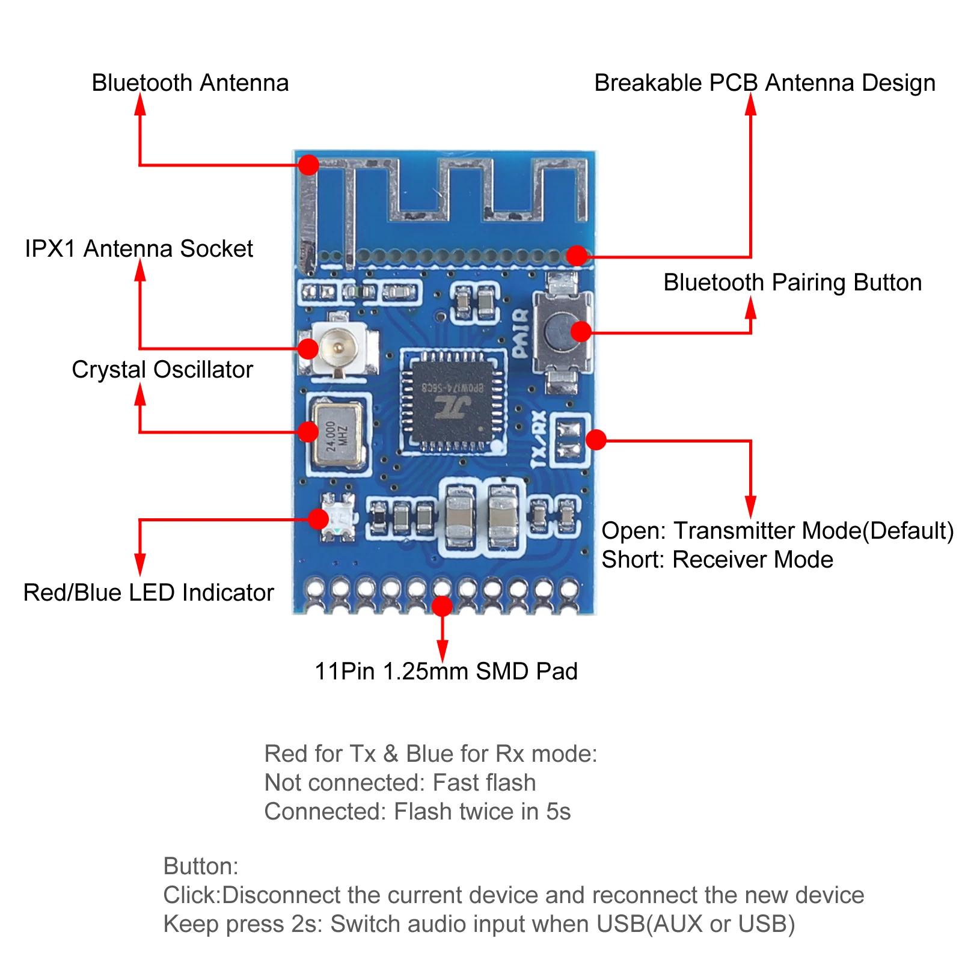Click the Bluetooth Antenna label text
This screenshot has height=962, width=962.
pos(190,83)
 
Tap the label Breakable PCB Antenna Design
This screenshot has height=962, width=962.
pos(764,83)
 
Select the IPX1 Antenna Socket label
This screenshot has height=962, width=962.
pos(139,249)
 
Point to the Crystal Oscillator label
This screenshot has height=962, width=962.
pos(162,370)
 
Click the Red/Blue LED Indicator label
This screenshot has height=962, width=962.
pos(149,593)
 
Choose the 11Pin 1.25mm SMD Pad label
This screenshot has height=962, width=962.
pos(446,672)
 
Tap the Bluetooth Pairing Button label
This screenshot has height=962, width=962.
pos(792,283)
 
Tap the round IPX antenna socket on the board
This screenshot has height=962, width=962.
pos(339,347)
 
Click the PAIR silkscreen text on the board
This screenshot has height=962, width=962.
pos(521,334)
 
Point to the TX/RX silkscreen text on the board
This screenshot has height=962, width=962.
pos(539,439)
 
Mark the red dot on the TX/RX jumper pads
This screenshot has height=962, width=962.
pos(596,440)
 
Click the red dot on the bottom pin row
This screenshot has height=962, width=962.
pos(442,605)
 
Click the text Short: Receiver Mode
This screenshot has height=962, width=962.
pos(717,560)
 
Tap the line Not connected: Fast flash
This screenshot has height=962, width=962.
pos(400,783)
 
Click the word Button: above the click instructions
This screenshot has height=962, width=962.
pos(201,866)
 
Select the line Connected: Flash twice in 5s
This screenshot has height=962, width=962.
pos(417,812)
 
